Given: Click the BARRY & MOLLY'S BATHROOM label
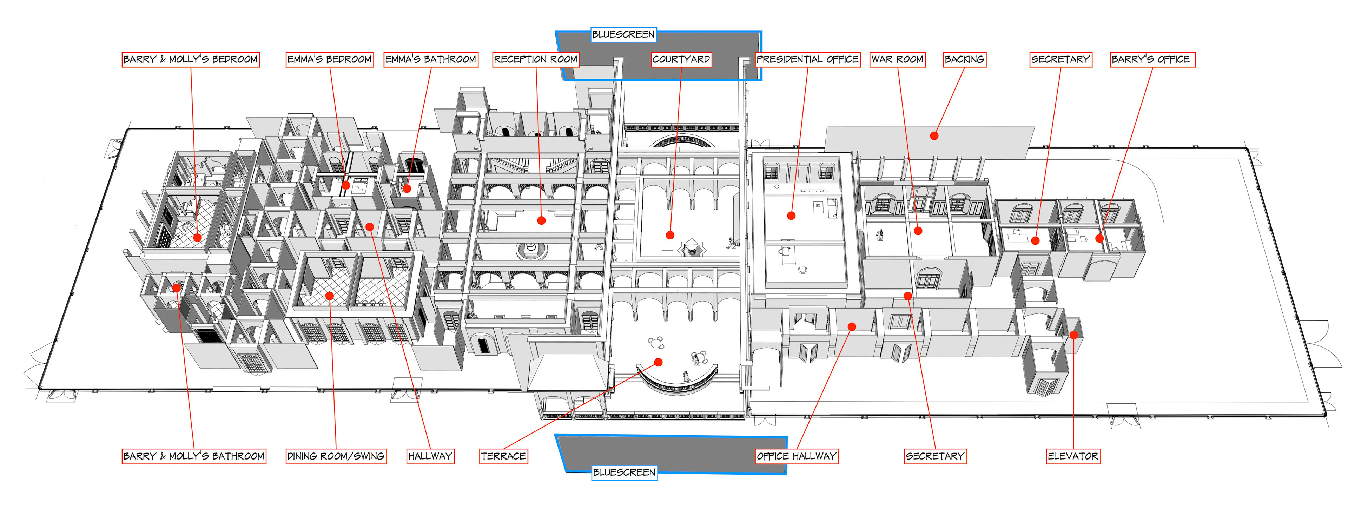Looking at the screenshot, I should coord(194,456).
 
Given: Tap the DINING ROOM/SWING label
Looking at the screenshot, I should coord(336,456).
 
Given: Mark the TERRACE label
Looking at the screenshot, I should coord(503,456).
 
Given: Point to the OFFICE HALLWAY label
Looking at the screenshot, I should coord(797,456).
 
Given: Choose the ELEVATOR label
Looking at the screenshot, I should coord(1073,456).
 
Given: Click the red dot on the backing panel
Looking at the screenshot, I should coord(934,136).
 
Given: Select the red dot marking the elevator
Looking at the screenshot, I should coord(1073,335).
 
